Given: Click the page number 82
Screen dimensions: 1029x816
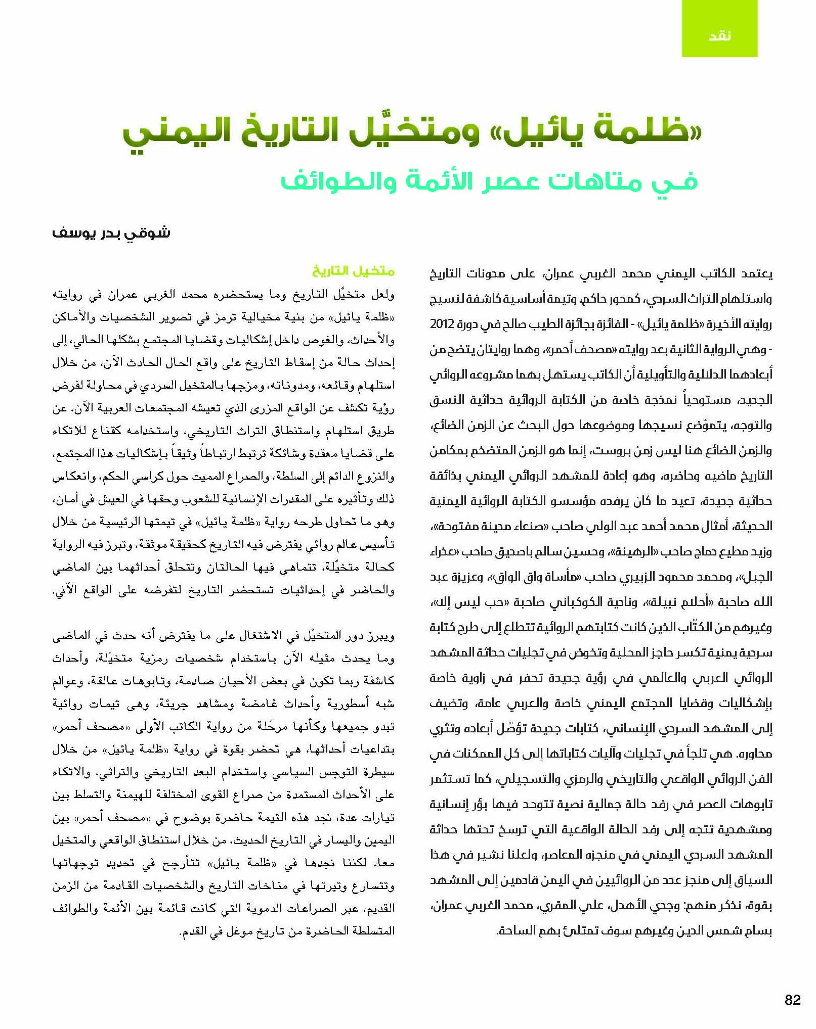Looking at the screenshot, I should (x=792, y=1000).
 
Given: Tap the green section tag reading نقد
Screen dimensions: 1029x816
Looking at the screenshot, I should (x=719, y=35).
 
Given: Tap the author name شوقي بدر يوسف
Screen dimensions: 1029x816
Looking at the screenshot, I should (x=111, y=234).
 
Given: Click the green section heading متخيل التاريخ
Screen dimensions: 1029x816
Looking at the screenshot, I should (x=353, y=271).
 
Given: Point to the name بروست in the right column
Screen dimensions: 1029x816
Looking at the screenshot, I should (x=609, y=450).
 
